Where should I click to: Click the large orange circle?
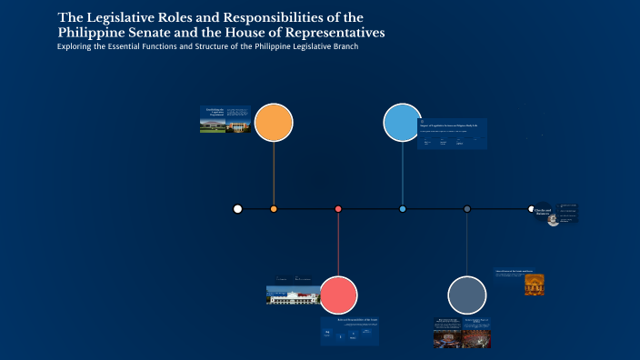point(274,123)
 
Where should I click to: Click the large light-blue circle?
point(402,123)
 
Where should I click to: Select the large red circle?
point(338,295)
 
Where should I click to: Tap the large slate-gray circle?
point(467,295)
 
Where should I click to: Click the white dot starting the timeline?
point(237,209)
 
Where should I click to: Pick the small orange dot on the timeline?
point(274,209)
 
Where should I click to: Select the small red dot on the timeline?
point(338,209)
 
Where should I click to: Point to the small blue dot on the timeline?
point(403,209)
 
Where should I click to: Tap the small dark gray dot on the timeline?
point(467,209)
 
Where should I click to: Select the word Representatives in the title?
point(325,32)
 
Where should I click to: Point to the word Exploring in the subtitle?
point(79,46)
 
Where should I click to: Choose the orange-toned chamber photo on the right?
point(535,285)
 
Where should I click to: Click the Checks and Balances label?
point(544,212)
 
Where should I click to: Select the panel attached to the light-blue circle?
point(453,135)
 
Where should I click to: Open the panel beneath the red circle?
point(350,331)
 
